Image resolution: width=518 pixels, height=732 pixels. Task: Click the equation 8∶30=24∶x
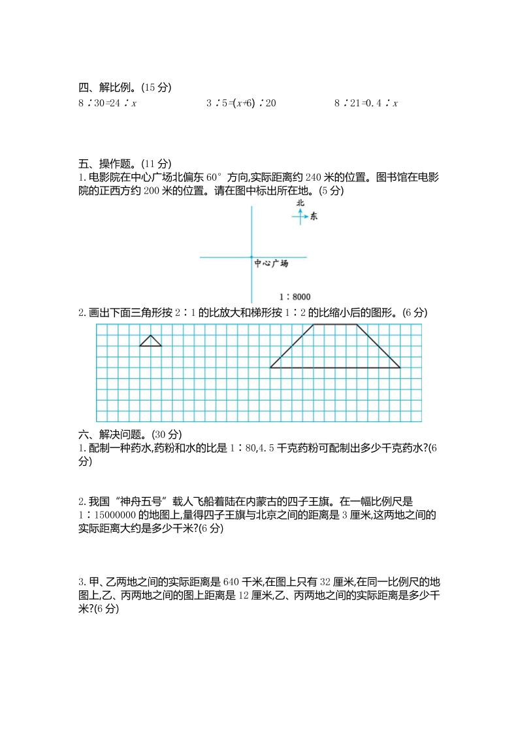click(x=107, y=103)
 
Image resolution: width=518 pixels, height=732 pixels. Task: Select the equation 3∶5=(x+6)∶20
click(x=241, y=103)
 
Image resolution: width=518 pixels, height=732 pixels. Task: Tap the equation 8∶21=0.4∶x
click(x=366, y=103)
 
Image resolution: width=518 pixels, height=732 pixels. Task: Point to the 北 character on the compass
click(x=300, y=203)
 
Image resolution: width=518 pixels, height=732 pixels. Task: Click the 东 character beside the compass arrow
click(x=314, y=217)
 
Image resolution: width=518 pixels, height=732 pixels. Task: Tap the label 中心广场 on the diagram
click(x=271, y=264)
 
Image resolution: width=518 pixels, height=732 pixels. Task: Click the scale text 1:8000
click(x=295, y=296)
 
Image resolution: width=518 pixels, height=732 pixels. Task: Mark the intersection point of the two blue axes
click(x=251, y=257)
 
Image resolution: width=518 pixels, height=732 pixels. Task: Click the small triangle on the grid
click(x=151, y=342)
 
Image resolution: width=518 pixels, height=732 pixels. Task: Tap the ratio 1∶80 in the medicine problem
click(x=250, y=448)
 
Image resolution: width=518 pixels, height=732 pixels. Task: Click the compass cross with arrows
click(x=300, y=216)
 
